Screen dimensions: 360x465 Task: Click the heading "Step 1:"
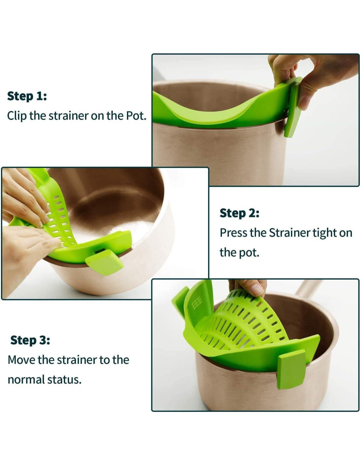[27, 96]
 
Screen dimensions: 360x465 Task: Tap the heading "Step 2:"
[240, 213]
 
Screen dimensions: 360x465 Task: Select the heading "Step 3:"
[30, 340]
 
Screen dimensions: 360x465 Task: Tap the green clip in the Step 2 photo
[105, 262]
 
